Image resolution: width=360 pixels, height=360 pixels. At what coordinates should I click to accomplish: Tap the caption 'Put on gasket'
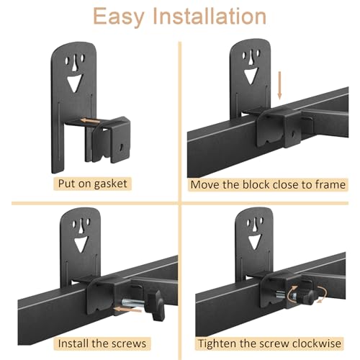92,184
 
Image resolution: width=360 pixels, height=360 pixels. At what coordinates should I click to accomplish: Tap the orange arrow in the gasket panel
89,122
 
